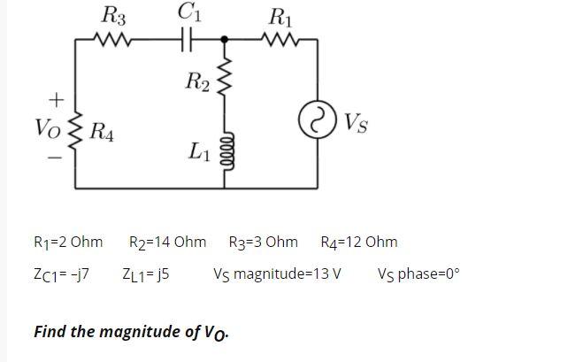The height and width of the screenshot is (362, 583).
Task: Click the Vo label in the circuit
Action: tap(50, 127)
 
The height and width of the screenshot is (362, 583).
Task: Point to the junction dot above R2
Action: tap(225, 39)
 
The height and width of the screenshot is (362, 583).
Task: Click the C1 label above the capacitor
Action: tap(188, 12)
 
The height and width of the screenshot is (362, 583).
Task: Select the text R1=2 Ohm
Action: tap(67, 242)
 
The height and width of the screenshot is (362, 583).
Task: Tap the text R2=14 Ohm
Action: tap(167, 242)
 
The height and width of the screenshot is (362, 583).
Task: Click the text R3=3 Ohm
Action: tap(263, 242)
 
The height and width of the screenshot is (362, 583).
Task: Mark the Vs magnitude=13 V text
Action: tap(277, 273)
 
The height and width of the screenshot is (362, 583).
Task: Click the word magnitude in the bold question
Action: tap(142, 332)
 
